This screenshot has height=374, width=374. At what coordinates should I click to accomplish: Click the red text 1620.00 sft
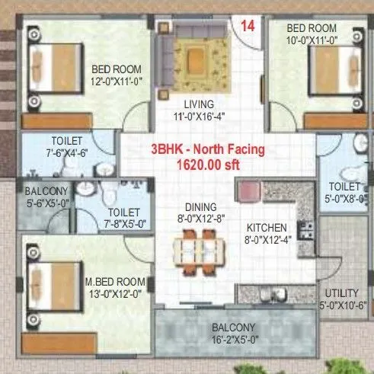[x=207, y=163]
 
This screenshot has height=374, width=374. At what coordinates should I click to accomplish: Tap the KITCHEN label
[x=266, y=227]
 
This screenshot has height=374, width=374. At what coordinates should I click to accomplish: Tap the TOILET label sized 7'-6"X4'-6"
[x=67, y=141]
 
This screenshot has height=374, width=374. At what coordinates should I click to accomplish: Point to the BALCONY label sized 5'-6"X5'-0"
[x=46, y=191]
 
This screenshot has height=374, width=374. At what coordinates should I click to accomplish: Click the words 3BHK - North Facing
[x=209, y=149]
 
